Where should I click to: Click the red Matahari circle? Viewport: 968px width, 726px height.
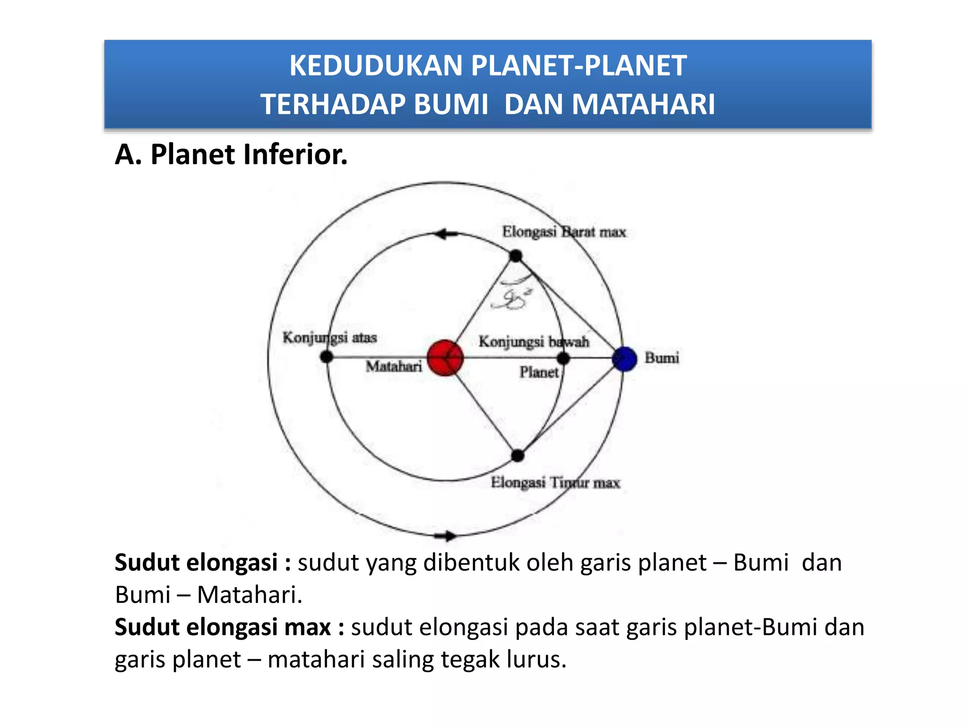pyautogui.click(x=445, y=358)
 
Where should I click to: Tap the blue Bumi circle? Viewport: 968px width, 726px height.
pyautogui.click(x=624, y=359)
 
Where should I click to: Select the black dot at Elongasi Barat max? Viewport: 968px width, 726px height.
pyautogui.click(x=516, y=256)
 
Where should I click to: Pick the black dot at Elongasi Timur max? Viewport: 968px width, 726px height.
pyautogui.click(x=518, y=456)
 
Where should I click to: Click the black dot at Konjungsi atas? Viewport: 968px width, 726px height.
pyautogui.click(x=327, y=357)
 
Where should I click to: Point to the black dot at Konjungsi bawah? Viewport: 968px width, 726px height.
pyautogui.click(x=563, y=358)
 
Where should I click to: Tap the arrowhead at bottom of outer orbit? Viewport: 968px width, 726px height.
pyautogui.click(x=447, y=536)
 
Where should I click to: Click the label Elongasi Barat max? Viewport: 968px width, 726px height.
pyautogui.click(x=564, y=232)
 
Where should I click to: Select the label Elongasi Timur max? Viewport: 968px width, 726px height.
pyautogui.click(x=555, y=483)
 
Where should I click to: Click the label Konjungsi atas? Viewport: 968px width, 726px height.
pyautogui.click(x=329, y=337)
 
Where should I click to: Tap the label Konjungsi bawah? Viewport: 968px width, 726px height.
pyautogui.click(x=534, y=341)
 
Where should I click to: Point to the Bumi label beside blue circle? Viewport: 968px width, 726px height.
pyautogui.click(x=662, y=358)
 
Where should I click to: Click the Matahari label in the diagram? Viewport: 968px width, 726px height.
pyautogui.click(x=394, y=366)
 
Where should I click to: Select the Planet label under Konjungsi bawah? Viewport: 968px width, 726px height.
pyautogui.click(x=539, y=372)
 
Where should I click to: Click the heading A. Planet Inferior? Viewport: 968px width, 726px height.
pyautogui.click(x=231, y=155)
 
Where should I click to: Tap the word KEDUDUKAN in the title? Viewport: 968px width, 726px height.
pyautogui.click(x=376, y=66)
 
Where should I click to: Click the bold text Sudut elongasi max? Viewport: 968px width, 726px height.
pyautogui.click(x=229, y=627)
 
